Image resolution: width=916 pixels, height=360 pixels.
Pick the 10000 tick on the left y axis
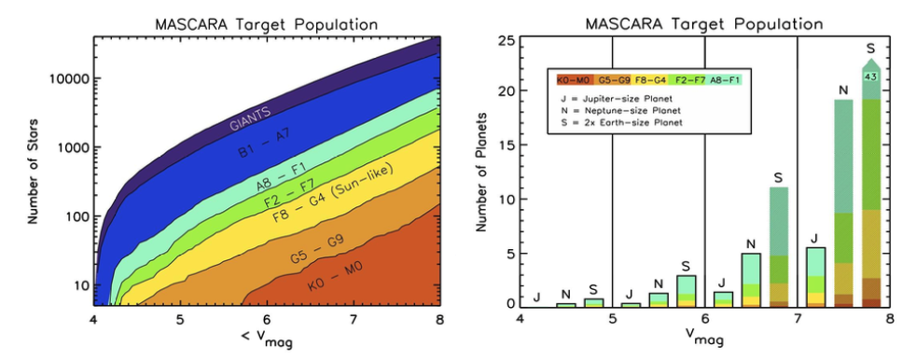point(66,79)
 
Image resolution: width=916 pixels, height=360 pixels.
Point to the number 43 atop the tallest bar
point(871,76)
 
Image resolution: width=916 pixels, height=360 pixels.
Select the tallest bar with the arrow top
point(871,187)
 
